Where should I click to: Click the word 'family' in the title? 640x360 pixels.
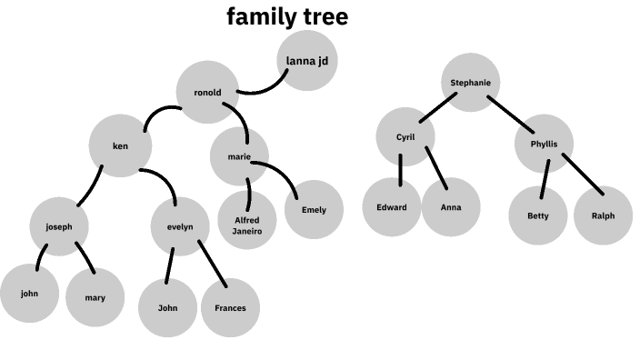pos(256,17)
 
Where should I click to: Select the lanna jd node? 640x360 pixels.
pos(308,61)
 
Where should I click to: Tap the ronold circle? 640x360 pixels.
pos(207,92)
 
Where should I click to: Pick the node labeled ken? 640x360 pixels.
pos(120,145)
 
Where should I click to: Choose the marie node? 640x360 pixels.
pos(239,156)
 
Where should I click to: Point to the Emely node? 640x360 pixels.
pos(313,210)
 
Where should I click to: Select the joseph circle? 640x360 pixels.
pos(58,225)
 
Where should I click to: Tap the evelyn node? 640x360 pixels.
pos(180,226)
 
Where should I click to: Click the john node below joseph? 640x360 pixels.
pos(29,294)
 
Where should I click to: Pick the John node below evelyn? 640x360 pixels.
pos(167,307)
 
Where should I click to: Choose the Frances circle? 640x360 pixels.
pos(230,307)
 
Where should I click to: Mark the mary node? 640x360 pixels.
pos(95,297)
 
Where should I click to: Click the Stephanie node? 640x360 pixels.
pos(471,83)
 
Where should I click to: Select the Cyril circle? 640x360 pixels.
pos(405,137)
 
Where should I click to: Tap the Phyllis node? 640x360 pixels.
pos(545,144)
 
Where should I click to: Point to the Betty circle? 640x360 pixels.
pos(538,215)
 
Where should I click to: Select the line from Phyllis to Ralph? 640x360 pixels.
pos(582,173)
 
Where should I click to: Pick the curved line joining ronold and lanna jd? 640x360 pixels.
pos(264,88)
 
